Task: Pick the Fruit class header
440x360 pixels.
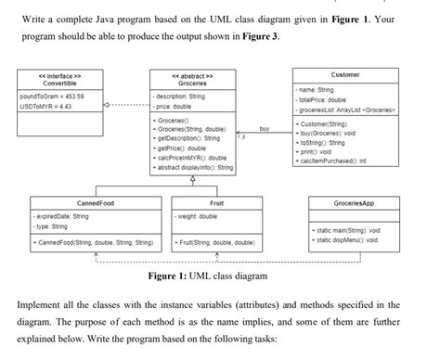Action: pyautogui.click(x=216, y=201)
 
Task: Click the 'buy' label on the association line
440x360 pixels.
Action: pyautogui.click(x=264, y=130)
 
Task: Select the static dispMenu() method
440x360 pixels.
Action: pyautogui.click(x=347, y=239)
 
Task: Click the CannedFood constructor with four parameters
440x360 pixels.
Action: pyautogui.click(x=93, y=242)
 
